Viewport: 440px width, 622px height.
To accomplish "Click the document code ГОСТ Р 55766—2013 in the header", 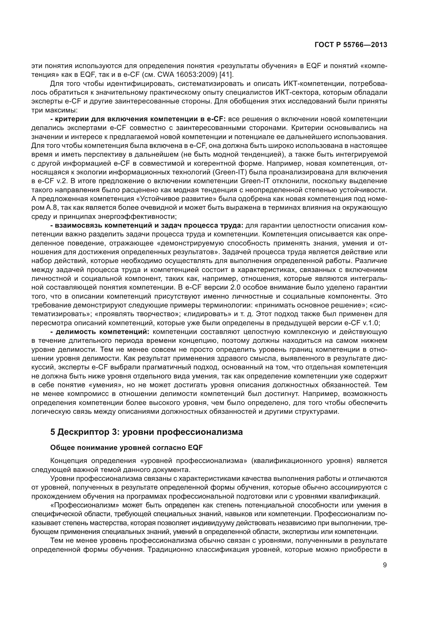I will tap(351, 45).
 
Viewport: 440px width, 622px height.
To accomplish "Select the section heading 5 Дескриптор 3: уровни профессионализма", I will tap(146, 432).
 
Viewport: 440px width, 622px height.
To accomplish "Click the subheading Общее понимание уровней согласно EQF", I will tap(126, 448).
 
